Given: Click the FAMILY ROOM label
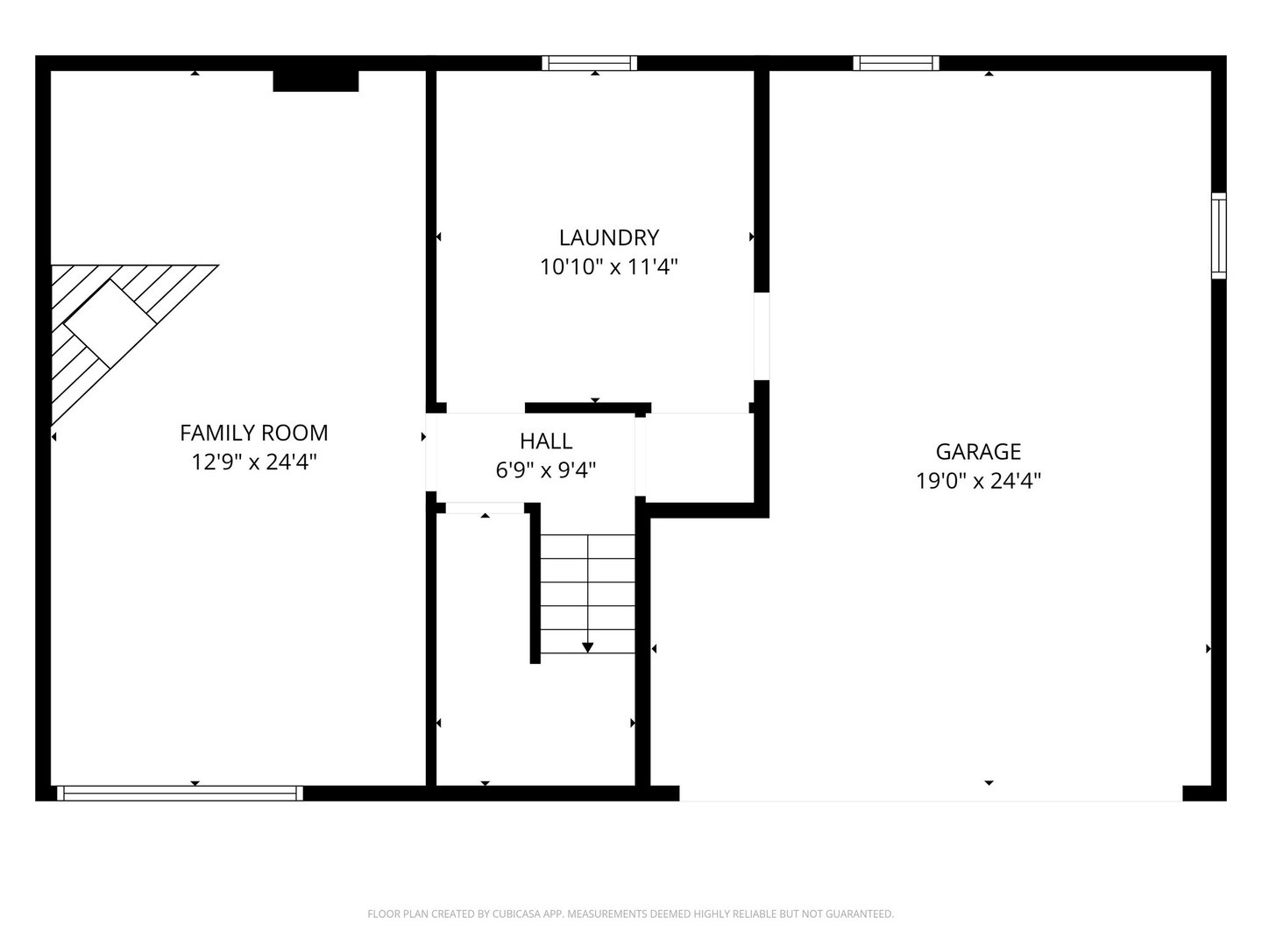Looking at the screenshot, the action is pos(254,433).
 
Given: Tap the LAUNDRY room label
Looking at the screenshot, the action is pos(609,237).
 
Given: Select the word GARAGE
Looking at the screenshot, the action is pos(978,451).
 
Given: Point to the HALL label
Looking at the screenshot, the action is pos(546,441).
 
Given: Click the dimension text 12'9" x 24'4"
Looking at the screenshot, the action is pos(254,462).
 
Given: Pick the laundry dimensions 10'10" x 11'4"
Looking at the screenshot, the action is pos(609,267).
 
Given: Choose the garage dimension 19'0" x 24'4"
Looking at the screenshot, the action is pos(978,481).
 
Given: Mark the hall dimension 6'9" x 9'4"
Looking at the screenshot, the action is pos(546,470).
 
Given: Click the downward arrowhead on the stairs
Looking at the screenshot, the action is pos(587,647).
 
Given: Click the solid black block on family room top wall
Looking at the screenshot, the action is pos(315,81).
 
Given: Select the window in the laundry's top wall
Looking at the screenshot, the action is pos(589,63).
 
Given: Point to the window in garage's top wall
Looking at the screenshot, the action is pos(896,63).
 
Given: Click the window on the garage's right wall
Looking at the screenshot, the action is pos(1219,236).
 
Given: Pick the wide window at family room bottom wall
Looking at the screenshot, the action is pos(180,794).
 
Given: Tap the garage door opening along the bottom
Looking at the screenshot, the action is pos(931,794).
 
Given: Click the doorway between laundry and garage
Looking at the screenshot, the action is pos(762,336).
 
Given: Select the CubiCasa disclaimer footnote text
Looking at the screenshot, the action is pos(631,914).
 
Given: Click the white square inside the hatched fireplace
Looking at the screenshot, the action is pos(110,324).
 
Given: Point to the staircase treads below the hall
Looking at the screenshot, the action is pos(587,594).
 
